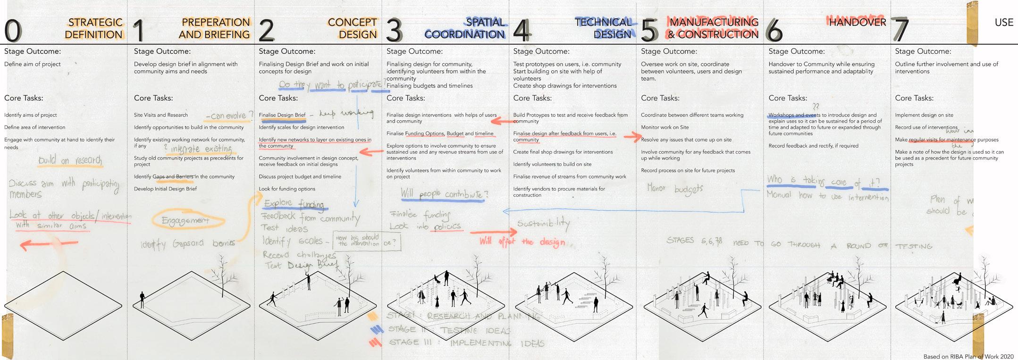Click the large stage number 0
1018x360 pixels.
13,30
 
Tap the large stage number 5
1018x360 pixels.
649,30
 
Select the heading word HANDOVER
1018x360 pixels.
857,22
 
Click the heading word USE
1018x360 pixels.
1004,22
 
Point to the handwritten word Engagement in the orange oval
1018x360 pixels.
185,220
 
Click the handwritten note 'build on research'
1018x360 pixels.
70,160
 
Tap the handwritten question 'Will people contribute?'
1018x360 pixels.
444,193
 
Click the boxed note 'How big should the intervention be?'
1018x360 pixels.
367,241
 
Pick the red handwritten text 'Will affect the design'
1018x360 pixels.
522,242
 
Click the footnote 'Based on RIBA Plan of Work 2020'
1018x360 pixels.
968,356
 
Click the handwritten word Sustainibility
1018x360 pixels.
543,224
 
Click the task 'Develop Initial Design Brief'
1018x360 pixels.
165,189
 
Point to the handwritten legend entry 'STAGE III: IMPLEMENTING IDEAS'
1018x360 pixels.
465,343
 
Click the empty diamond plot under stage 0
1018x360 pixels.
63,305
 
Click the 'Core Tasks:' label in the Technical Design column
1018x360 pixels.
532,98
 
